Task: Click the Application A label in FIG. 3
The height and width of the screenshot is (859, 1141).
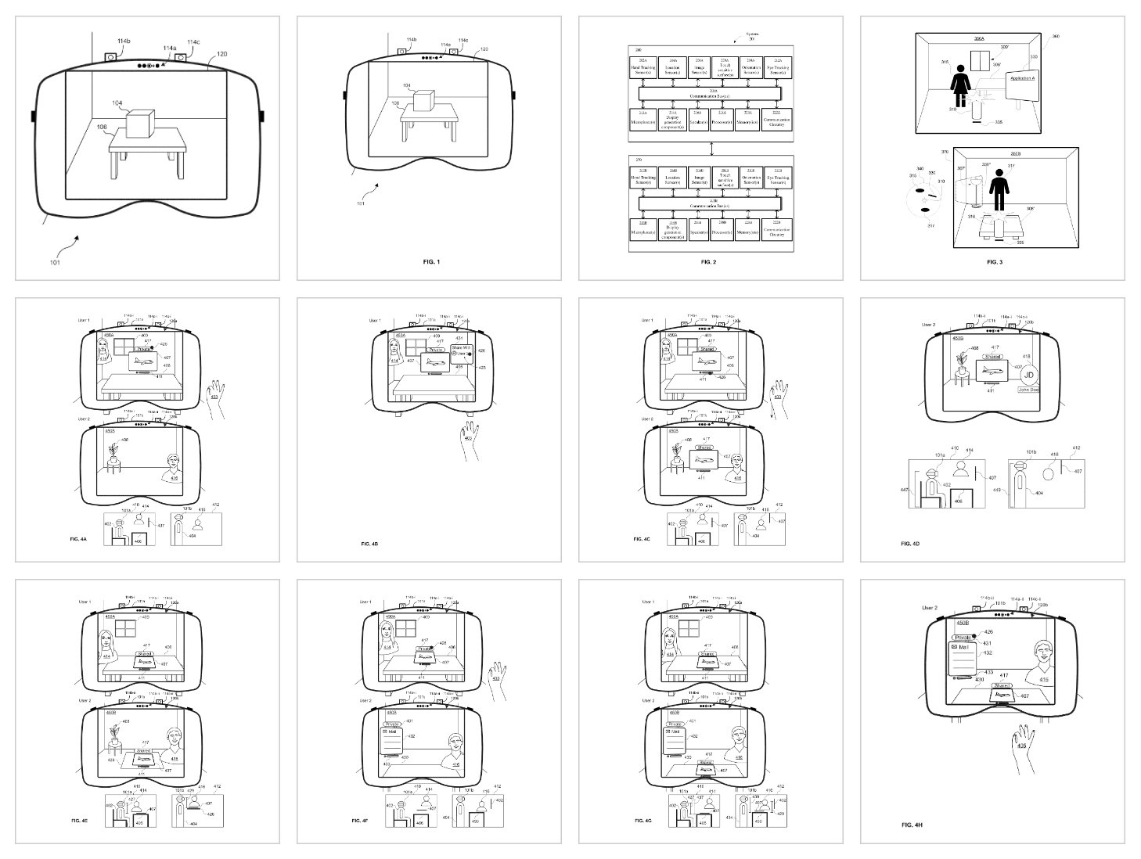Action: pos(1022,78)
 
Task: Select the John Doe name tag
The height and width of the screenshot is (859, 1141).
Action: pos(1028,389)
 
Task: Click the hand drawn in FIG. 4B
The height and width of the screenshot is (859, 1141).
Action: pos(469,438)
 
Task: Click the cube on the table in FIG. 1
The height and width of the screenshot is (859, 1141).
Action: pos(423,102)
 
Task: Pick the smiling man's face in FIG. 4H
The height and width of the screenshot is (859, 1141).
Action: pos(1044,656)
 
